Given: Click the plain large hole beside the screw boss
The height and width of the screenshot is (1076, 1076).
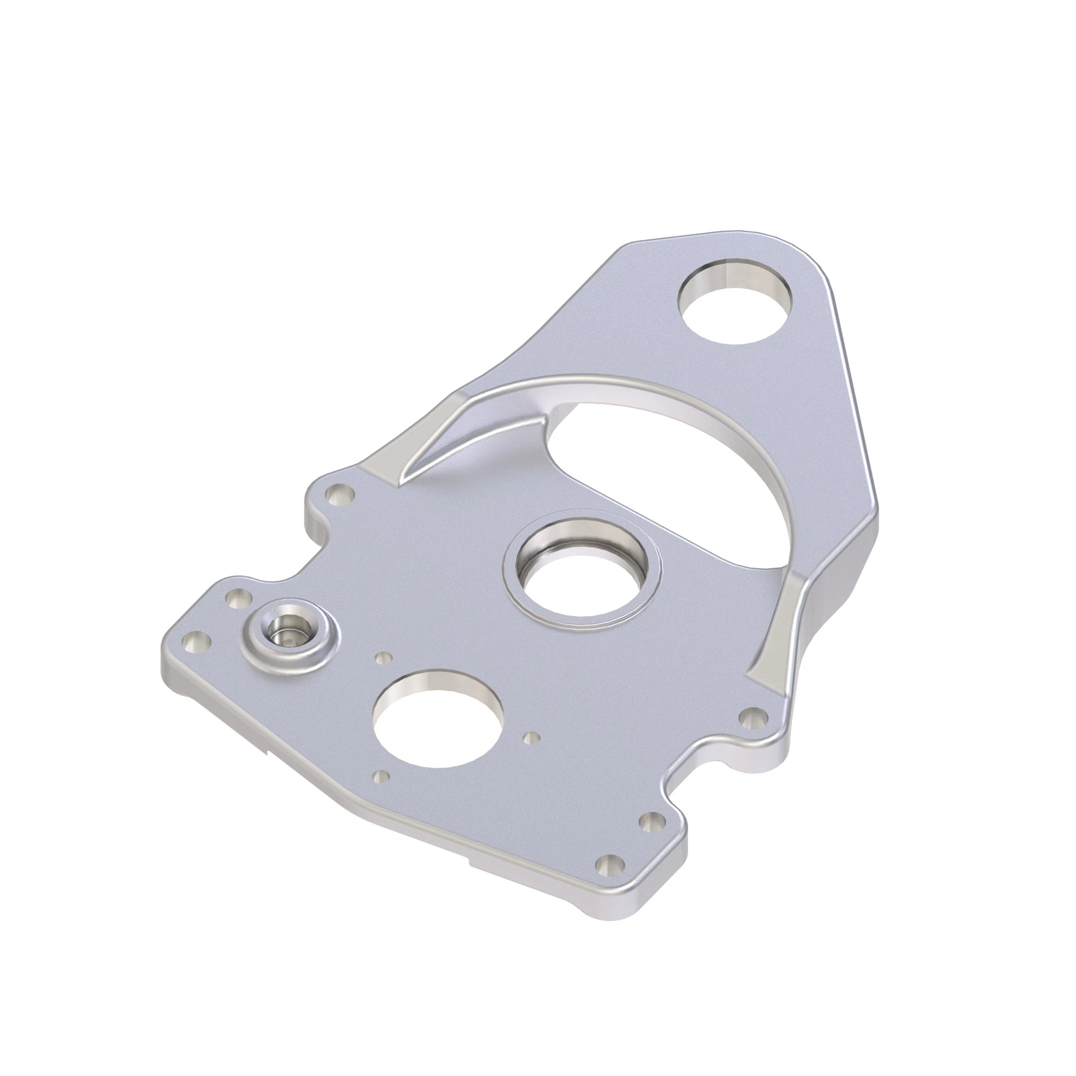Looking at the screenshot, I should [438, 719].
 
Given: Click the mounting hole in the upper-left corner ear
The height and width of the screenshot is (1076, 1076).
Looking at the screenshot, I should [339, 492].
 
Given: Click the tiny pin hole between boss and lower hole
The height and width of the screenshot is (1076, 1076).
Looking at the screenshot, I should [382, 659].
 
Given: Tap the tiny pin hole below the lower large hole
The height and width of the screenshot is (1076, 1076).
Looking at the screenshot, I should [381, 776].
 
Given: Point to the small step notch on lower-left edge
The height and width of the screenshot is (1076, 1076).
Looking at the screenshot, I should [267, 753].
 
